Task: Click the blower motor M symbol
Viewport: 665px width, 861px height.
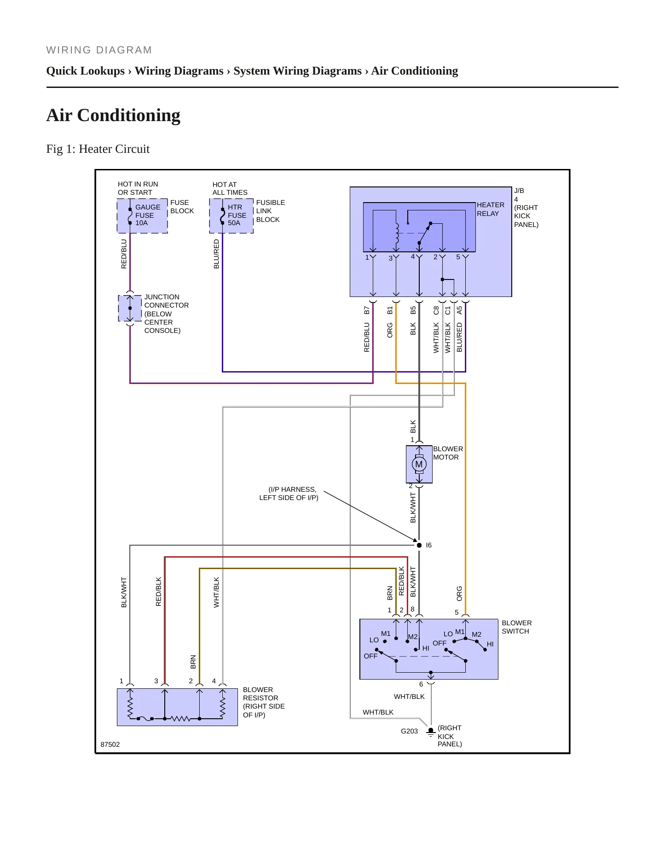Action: [419, 464]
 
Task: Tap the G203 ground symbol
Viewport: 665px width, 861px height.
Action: [431, 732]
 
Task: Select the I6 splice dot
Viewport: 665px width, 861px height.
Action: [419, 545]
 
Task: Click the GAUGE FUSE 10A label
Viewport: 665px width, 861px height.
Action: [148, 215]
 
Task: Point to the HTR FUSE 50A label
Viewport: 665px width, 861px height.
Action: [237, 215]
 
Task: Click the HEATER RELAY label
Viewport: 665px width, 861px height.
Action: [491, 209]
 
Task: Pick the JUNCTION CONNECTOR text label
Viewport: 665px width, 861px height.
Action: [167, 301]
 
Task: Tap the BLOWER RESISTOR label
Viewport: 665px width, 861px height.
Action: [260, 694]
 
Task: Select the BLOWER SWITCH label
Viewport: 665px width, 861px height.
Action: [517, 627]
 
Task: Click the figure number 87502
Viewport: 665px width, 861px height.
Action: [110, 745]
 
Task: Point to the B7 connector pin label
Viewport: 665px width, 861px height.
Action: [367, 310]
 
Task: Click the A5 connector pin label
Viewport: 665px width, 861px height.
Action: [459, 310]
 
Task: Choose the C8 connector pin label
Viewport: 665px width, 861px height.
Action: [436, 310]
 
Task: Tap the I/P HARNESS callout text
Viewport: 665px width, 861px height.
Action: [289, 494]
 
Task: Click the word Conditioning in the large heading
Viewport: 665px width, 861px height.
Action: [129, 115]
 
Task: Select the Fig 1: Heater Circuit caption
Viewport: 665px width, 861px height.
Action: [98, 149]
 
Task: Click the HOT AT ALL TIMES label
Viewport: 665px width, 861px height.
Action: [230, 188]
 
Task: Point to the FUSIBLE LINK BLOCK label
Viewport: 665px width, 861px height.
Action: [271, 211]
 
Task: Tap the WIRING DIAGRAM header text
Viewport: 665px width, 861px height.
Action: [99, 50]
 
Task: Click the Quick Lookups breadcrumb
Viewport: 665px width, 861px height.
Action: [86, 71]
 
